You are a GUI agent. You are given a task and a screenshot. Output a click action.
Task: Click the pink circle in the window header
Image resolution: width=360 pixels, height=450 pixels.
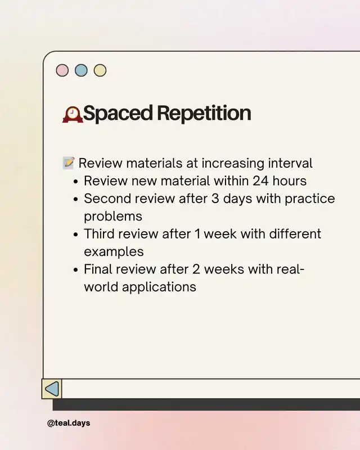tap(62, 70)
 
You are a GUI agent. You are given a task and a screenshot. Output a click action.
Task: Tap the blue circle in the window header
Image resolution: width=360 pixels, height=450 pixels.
tap(81, 70)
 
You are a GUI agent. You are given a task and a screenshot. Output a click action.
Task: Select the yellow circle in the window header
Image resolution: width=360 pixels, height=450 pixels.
tap(100, 70)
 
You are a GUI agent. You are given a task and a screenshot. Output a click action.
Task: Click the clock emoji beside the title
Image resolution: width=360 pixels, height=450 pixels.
tap(73, 115)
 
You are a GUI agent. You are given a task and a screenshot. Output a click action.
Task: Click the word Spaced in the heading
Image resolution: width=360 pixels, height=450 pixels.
tap(118, 114)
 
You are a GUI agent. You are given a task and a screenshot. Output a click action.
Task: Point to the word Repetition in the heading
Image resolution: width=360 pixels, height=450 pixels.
tap(204, 113)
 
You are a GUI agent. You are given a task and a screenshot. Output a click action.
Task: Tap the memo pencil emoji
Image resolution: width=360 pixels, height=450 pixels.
tap(69, 163)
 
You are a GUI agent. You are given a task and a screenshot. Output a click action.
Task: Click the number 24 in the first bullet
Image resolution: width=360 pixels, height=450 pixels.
tap(260, 181)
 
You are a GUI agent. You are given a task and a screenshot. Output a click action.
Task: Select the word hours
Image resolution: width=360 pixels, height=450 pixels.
tap(289, 181)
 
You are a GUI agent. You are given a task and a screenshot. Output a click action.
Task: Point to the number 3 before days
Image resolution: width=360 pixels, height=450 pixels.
tap(215, 199)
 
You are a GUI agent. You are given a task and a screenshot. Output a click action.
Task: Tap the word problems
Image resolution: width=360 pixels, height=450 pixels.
tap(113, 217)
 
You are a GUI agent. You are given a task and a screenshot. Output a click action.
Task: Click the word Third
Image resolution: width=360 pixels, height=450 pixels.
tap(99, 234)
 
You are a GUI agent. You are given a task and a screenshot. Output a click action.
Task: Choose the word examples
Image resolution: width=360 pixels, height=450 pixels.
tap(114, 252)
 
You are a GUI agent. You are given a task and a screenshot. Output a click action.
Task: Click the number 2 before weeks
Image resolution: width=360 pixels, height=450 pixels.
tap(196, 269)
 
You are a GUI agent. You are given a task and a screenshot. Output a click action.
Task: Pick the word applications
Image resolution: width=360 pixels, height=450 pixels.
tap(159, 287)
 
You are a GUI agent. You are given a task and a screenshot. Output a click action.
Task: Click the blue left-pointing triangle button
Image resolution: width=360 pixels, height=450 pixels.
tap(52, 389)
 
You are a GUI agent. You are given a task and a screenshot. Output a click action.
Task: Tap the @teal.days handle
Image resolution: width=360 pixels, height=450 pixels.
tap(69, 423)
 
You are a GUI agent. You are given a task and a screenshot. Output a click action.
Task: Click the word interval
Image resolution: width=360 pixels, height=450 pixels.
tap(290, 163)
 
